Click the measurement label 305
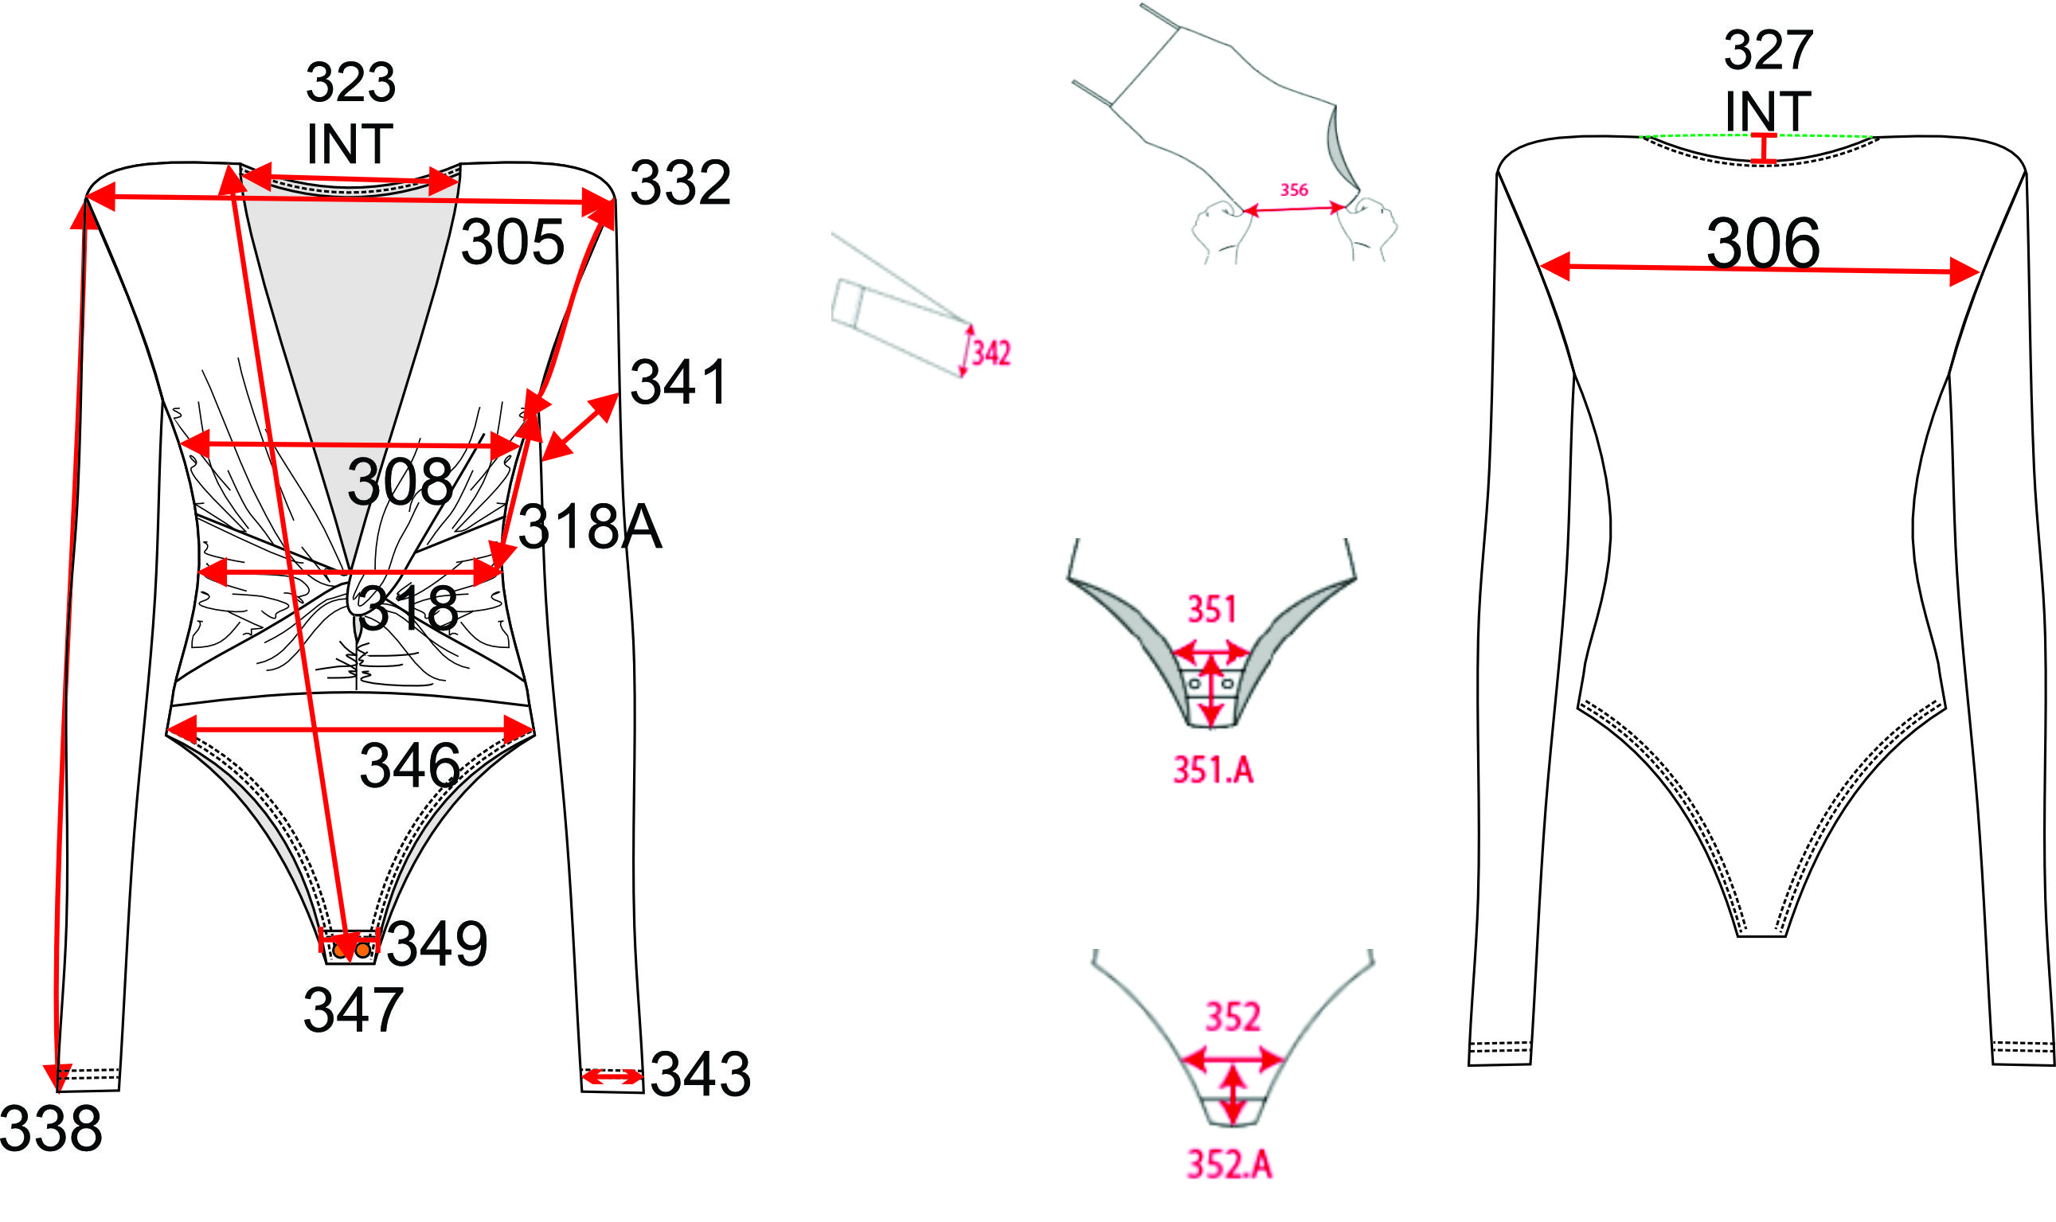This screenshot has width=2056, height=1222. coord(512,242)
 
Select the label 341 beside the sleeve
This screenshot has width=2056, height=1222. coord(678,382)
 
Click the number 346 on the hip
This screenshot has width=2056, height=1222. coord(409,765)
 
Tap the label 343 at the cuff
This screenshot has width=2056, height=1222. coord(700,1074)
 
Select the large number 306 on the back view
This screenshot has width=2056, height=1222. coord(1762,243)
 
